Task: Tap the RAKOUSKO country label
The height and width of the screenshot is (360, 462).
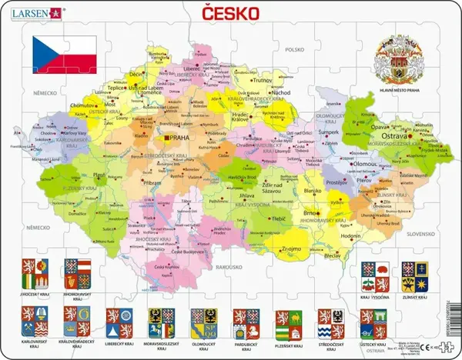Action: coord(227,266)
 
